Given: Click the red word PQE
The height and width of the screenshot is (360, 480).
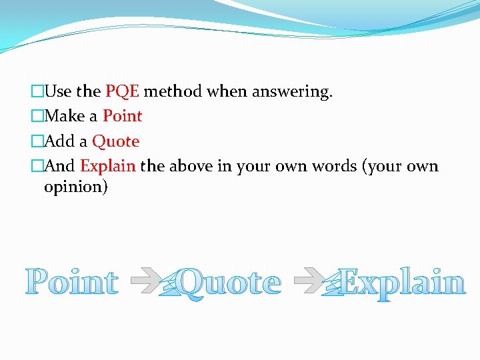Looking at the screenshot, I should (122, 91).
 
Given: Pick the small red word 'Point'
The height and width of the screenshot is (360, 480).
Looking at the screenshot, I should (123, 116).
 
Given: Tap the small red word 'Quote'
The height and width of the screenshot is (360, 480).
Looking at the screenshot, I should (115, 141).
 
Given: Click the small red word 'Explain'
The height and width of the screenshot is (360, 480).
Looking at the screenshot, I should (108, 166).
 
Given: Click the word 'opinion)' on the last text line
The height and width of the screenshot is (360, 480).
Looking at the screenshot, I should (75, 187).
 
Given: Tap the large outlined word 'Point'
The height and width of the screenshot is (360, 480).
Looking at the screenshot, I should (72, 283).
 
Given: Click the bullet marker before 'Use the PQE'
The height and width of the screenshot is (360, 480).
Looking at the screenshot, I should (37, 91).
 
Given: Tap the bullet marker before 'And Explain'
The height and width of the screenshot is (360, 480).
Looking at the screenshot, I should (37, 166).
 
